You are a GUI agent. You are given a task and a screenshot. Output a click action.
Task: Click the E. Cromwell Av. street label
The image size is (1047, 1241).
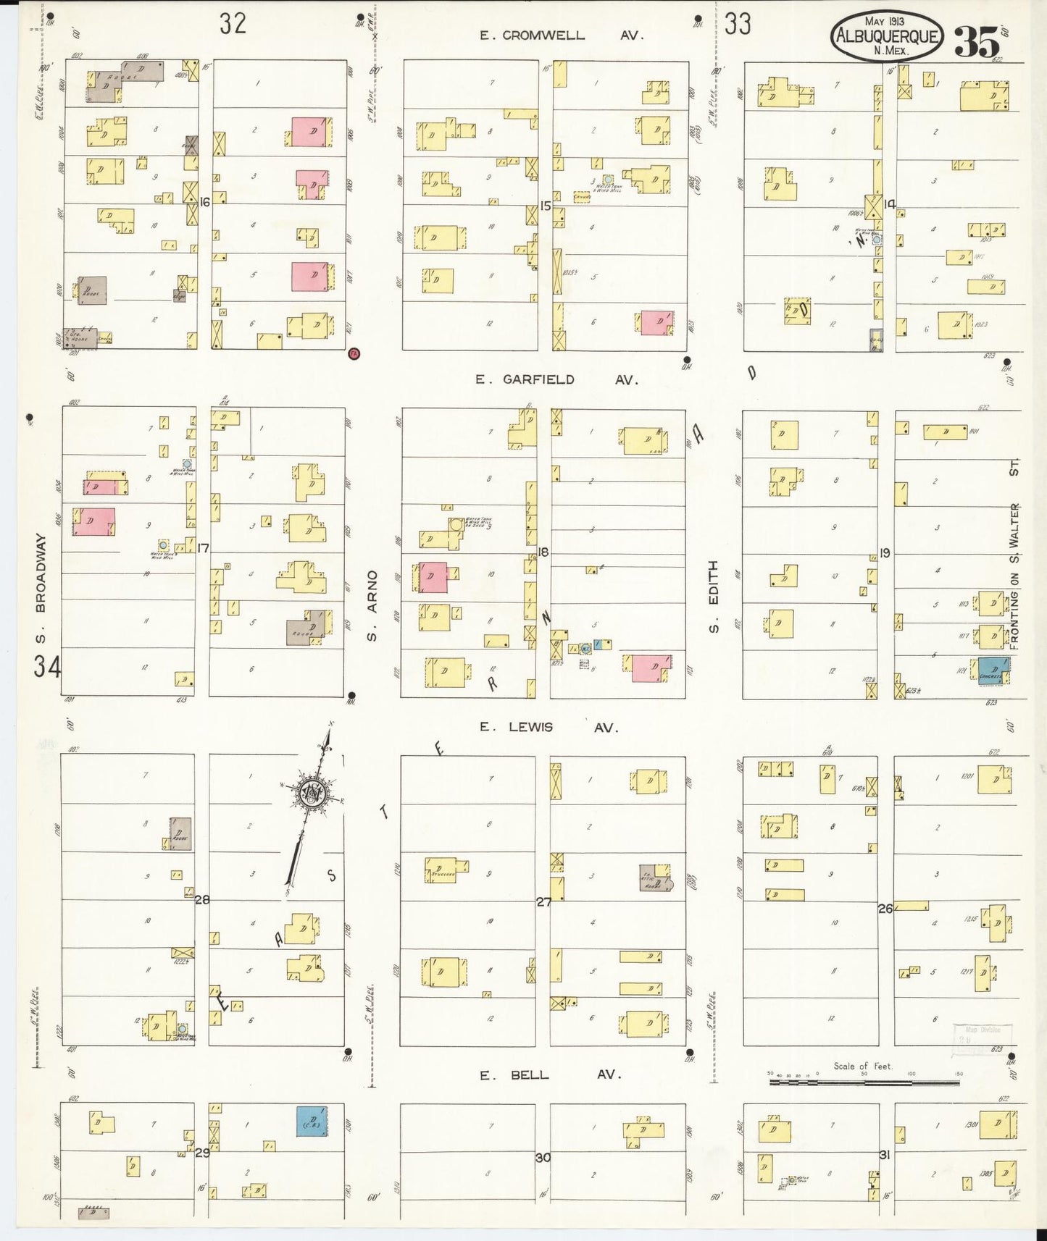pos(561,35)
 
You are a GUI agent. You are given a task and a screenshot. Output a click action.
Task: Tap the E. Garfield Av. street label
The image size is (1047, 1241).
pos(556,379)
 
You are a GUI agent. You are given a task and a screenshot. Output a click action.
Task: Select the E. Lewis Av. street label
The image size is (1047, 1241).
pos(548,728)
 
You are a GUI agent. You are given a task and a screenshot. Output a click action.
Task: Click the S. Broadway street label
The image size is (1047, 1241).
pos(41,588)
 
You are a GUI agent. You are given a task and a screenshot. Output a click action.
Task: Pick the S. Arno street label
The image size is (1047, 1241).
pos(372,605)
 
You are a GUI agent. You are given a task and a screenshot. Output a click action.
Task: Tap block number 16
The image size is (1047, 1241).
pos(204,203)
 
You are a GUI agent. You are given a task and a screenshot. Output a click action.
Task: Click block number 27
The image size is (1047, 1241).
pos(543,902)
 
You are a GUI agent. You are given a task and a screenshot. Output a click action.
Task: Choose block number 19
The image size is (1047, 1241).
pos(885,554)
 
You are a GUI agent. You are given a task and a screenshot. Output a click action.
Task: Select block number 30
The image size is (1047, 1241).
pos(543,1158)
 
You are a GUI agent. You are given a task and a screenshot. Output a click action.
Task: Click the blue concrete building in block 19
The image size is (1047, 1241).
pos(993,670)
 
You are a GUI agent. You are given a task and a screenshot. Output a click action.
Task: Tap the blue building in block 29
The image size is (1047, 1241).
pos(312,1121)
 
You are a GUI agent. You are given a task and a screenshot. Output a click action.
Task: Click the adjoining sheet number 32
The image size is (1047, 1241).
pos(233,24)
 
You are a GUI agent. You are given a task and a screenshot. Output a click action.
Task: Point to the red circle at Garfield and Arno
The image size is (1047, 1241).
pos(354,353)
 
